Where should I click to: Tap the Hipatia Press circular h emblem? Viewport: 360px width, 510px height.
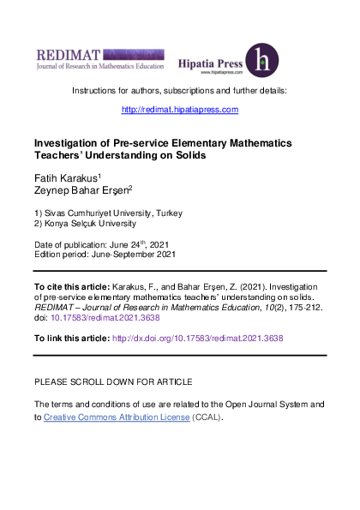[x=261, y=60]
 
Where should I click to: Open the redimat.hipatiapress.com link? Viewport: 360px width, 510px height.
[x=179, y=109]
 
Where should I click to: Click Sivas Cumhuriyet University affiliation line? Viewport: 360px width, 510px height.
[x=107, y=213]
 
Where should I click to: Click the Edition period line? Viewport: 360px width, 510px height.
[x=104, y=255]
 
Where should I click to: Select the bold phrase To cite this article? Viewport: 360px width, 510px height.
[x=71, y=285]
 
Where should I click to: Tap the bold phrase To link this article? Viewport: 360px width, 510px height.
[x=71, y=338]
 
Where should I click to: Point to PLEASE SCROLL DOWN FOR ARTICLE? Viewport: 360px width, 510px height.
[x=112, y=381]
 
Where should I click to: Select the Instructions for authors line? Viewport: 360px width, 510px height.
[x=179, y=90]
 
